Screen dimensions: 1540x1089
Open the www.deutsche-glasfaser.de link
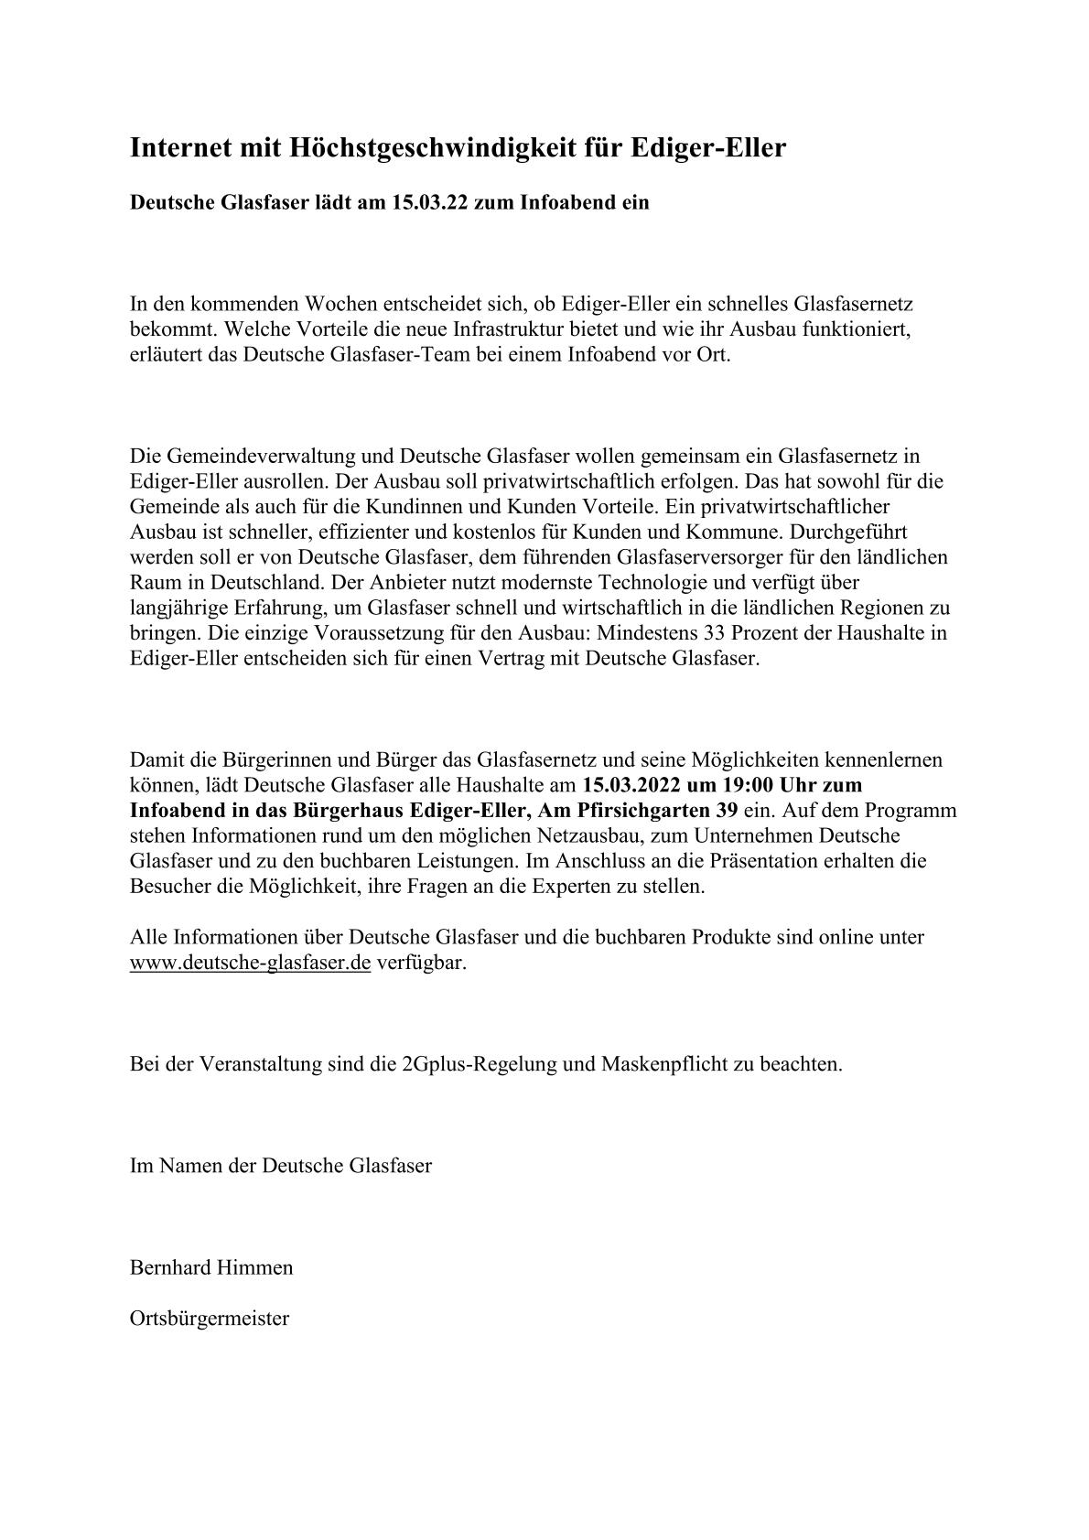tap(250, 963)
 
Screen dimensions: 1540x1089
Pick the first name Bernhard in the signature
tap(170, 1267)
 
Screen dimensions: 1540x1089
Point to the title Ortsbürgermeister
tap(210, 1318)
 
